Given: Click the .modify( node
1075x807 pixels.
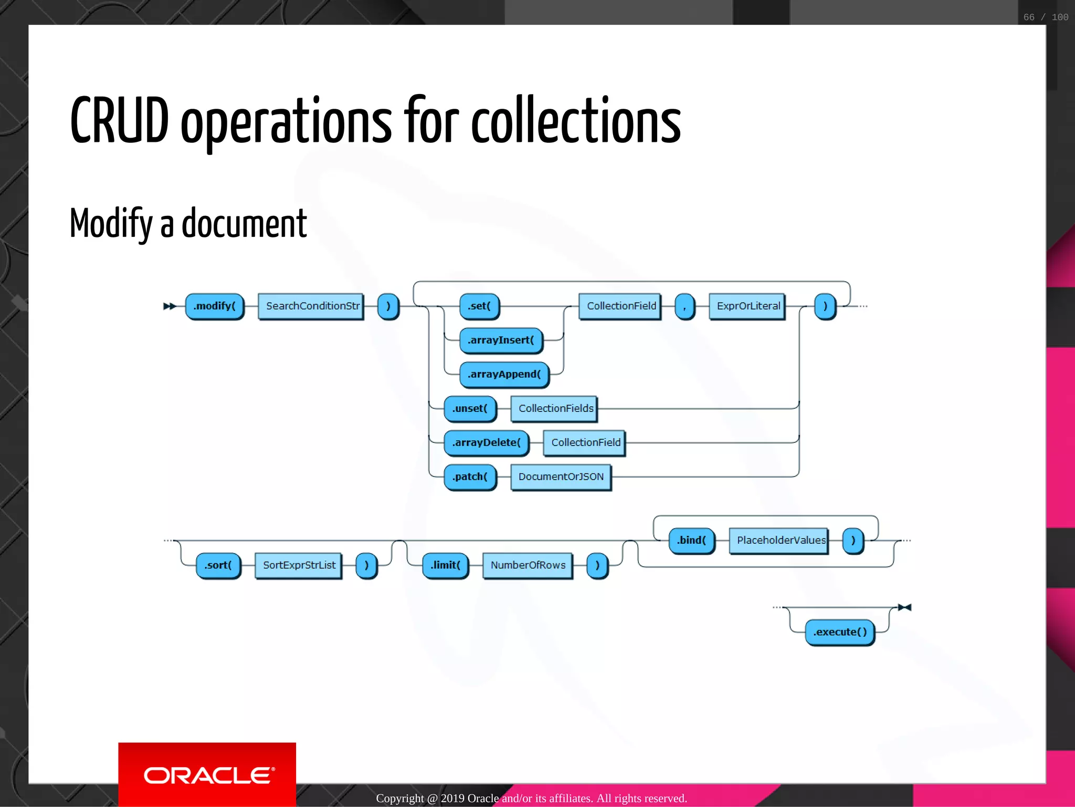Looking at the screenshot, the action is point(215,306).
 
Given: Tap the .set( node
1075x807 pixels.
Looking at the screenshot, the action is point(479,306).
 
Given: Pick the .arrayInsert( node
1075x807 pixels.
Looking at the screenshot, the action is point(501,340).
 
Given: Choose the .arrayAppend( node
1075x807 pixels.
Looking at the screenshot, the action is point(504,375).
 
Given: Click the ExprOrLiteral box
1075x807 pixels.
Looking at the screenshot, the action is point(747,306).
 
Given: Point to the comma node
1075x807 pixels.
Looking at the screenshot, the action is point(684,306).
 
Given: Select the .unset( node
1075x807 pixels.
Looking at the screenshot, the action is point(470,409).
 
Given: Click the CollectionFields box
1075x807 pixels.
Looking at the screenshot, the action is point(555,409).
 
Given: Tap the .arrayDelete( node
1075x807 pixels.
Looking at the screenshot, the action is point(486,443).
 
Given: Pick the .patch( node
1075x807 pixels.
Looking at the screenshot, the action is point(470,477).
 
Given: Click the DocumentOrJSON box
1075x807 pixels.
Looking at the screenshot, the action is point(561,477).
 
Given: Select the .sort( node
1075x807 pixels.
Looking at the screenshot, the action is point(218,565).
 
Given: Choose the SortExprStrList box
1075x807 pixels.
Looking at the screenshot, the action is point(299,565).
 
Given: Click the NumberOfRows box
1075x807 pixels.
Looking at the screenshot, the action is point(528,565).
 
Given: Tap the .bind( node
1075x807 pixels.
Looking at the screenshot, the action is point(691,541).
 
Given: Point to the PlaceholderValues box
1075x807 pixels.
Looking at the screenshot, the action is point(779,541).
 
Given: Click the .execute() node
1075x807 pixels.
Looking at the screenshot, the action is point(839,632).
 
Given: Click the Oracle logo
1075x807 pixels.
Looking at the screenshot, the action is point(207,775).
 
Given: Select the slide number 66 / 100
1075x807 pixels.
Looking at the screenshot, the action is point(1045,17).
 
